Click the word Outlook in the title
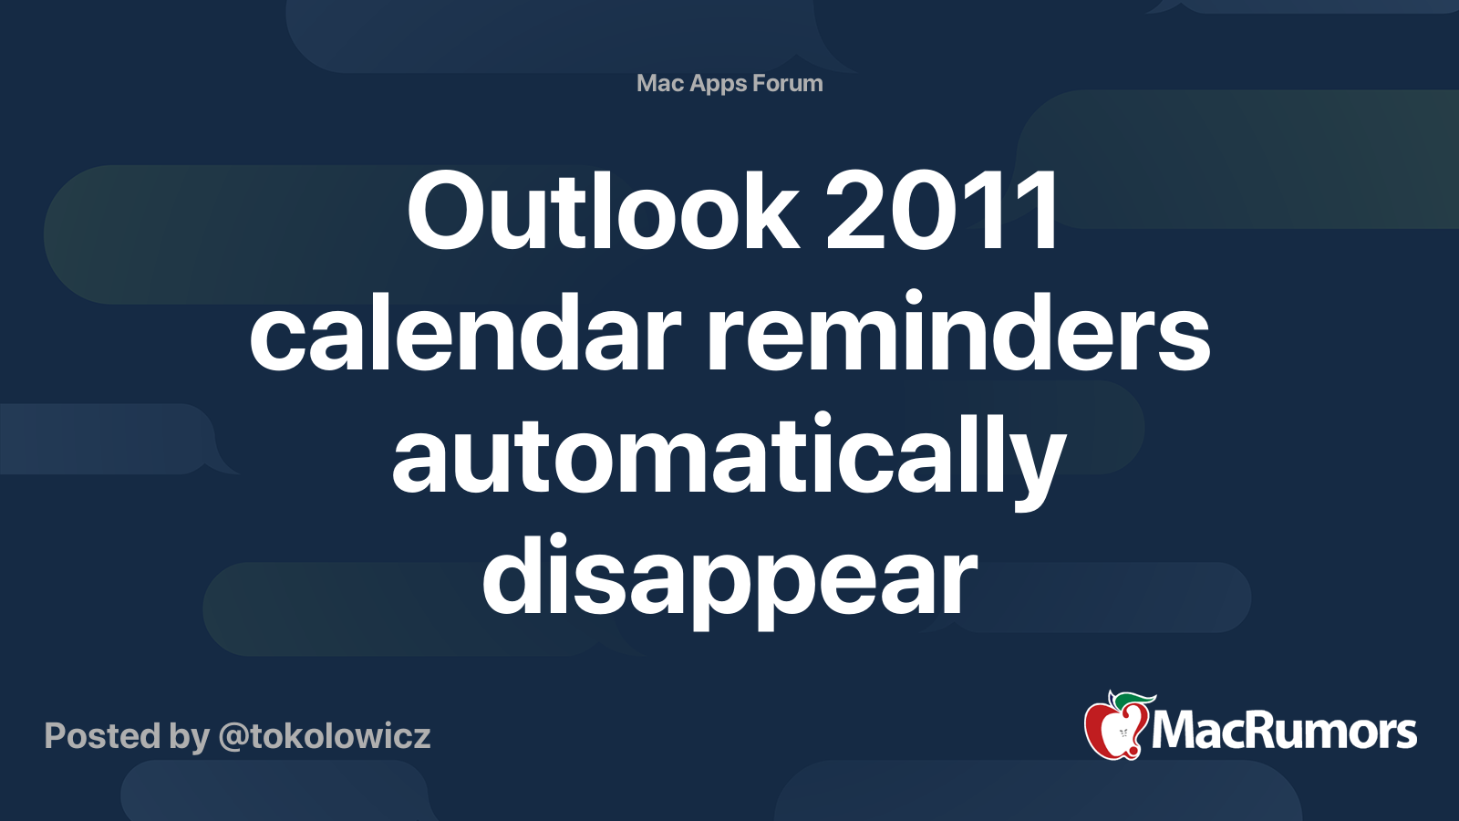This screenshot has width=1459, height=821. click(603, 210)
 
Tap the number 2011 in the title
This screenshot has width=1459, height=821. click(940, 210)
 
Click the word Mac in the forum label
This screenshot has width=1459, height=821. click(656, 83)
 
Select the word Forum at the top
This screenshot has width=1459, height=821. click(787, 83)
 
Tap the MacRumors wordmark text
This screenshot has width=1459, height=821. click(1284, 731)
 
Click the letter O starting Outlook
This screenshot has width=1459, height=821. click(443, 211)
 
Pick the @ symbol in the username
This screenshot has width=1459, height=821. click(236, 738)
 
